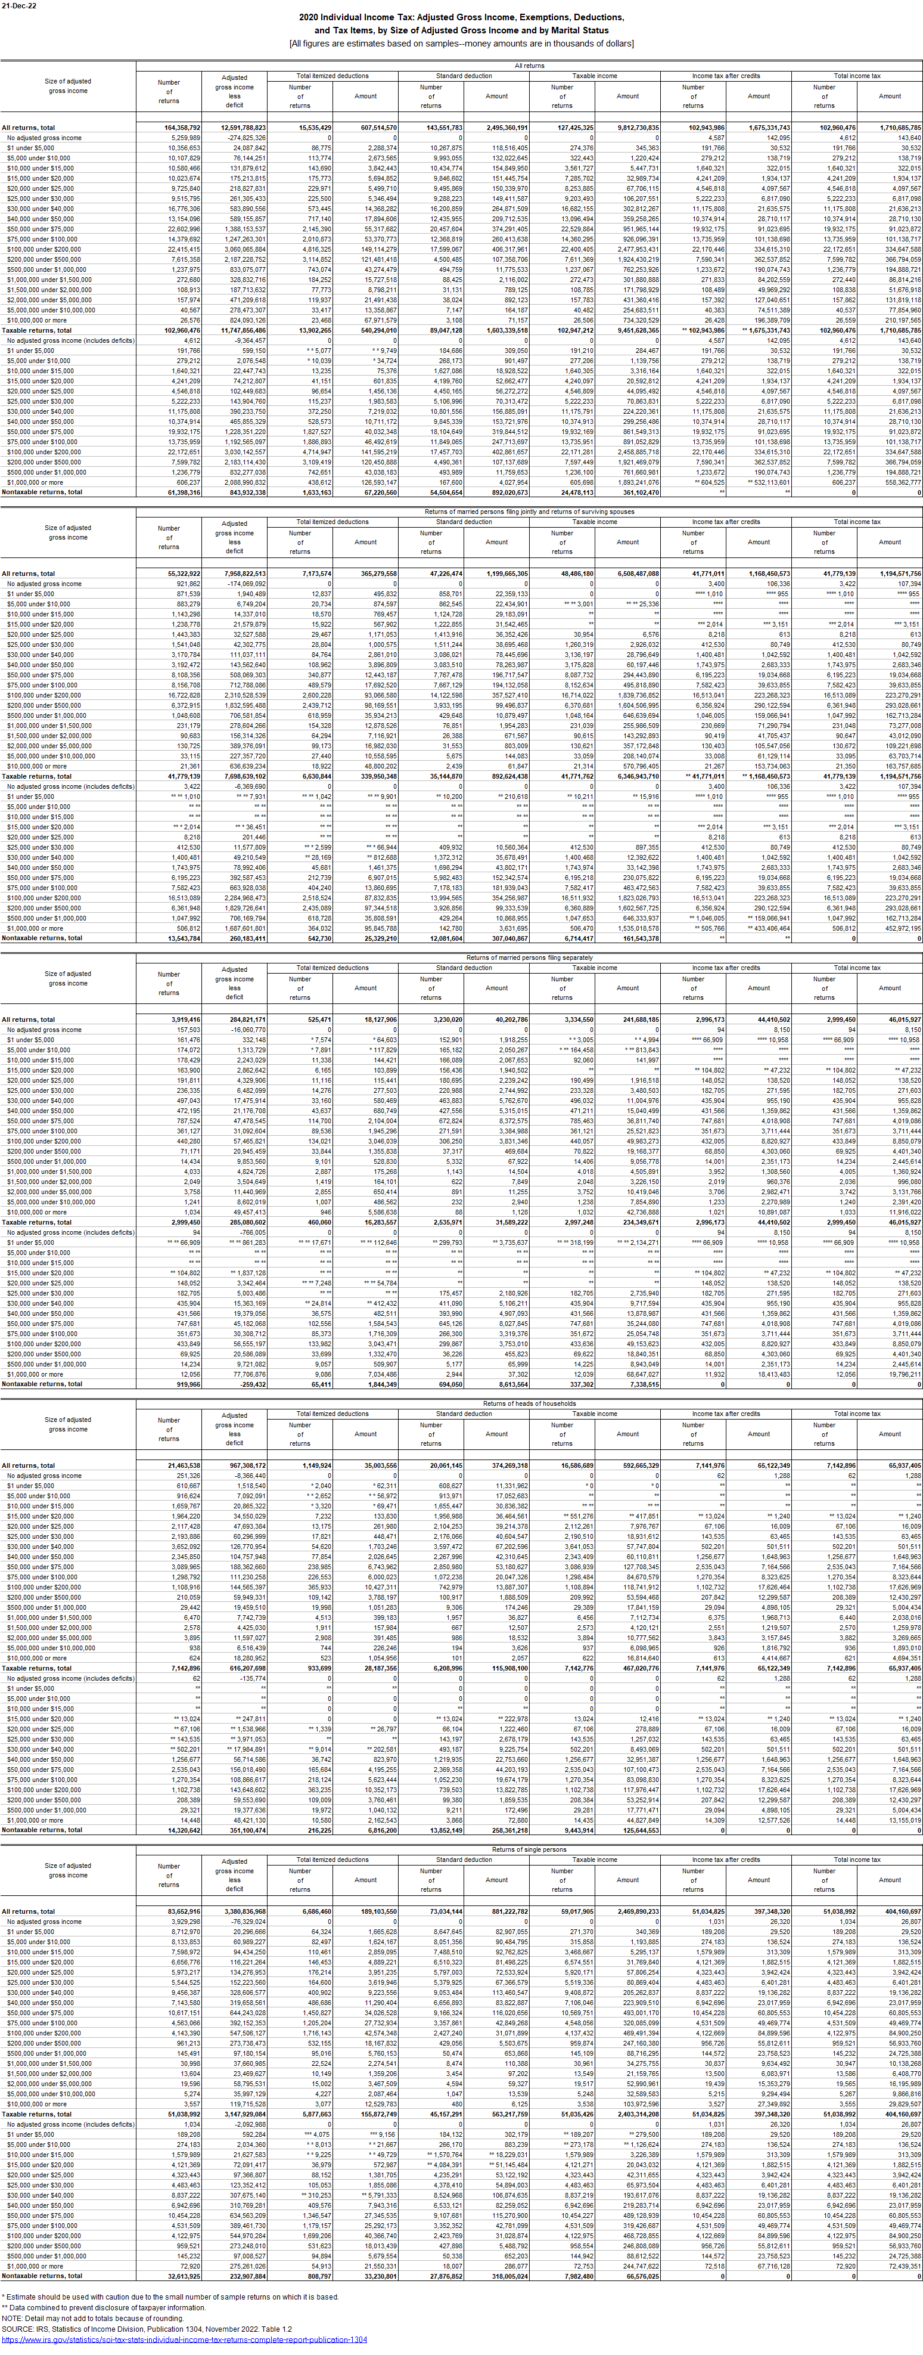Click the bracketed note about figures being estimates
[461, 43]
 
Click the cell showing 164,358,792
[182, 128]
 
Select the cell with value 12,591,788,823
[242, 128]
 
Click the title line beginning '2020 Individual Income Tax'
[461, 17]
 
